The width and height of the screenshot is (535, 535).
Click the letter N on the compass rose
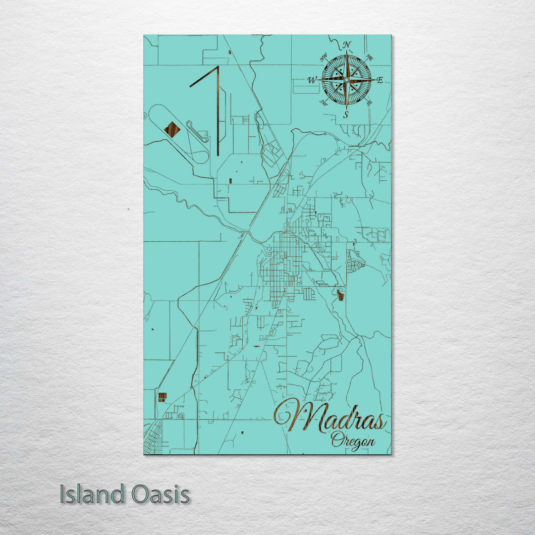click(347, 45)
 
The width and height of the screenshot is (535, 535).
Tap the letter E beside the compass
click(380, 80)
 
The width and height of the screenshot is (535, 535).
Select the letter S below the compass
click(346, 115)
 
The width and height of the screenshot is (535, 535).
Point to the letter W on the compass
click(313, 80)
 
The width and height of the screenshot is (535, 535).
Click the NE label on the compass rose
click(370, 57)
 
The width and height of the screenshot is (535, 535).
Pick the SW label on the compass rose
click(323, 103)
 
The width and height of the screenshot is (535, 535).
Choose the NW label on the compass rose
click(324, 58)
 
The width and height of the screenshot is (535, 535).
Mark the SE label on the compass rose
click(369, 103)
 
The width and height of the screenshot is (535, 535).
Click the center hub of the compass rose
click(346, 80)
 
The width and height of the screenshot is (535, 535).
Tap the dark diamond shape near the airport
click(172, 129)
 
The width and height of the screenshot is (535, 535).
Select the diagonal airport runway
click(204, 77)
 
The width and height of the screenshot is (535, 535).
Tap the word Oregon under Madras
click(353, 439)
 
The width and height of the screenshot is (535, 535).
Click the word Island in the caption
click(93, 494)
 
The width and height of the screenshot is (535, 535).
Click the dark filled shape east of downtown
click(340, 295)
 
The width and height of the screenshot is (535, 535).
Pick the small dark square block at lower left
click(162, 396)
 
